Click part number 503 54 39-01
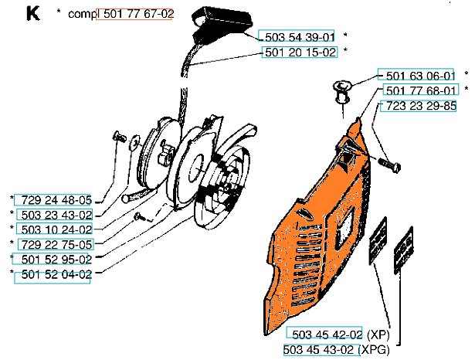click(299, 36)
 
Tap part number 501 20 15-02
click(300, 52)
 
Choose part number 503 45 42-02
click(324, 334)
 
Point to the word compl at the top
click(80, 15)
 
